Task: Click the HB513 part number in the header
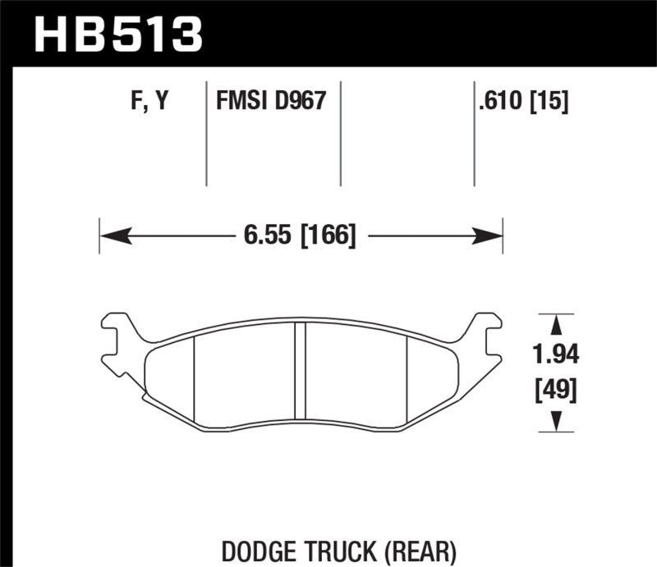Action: pyautogui.click(x=118, y=34)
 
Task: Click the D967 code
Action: pyautogui.click(x=301, y=102)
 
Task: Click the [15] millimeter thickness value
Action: pyautogui.click(x=551, y=102)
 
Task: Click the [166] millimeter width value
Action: pyautogui.click(x=327, y=237)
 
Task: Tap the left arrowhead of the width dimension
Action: pyautogui.click(x=112, y=237)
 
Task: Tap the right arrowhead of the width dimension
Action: pyautogui.click(x=490, y=237)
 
